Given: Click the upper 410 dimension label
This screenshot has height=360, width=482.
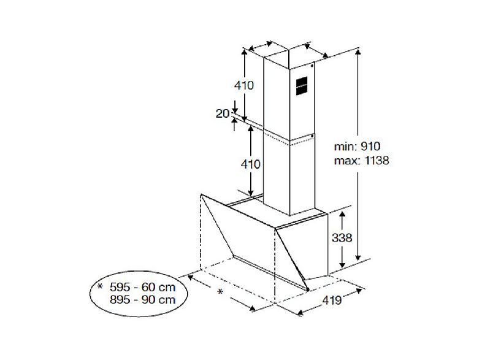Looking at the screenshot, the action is click(244, 85).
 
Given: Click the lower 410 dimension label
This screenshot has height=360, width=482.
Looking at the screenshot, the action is click(251, 164).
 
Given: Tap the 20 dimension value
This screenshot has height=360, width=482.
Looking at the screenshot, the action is click(223, 113).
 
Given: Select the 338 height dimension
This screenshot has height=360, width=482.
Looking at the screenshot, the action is click(342, 237).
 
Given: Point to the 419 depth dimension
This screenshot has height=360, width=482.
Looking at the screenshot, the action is click(332, 300).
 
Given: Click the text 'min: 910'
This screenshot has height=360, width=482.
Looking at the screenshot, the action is click(357, 147).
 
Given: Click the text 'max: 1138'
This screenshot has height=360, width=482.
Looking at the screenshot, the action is click(362, 161).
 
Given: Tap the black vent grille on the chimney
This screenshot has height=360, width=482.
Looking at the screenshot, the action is click(302, 86).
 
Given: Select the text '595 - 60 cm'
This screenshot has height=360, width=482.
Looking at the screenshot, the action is click(143, 288).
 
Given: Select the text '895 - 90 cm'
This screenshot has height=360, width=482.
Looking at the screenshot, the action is click(143, 300).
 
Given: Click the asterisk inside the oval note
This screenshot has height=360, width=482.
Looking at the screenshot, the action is click(99, 287).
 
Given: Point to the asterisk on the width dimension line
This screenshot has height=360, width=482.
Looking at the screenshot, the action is click(220, 291).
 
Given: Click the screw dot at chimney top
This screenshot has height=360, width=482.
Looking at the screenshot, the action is click(312, 66).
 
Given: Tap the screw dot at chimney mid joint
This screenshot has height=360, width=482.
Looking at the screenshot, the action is click(312, 136).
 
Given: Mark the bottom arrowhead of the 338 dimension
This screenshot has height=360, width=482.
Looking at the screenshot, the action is click(342, 264).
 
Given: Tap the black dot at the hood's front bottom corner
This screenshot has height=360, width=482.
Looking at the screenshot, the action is click(308, 289).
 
